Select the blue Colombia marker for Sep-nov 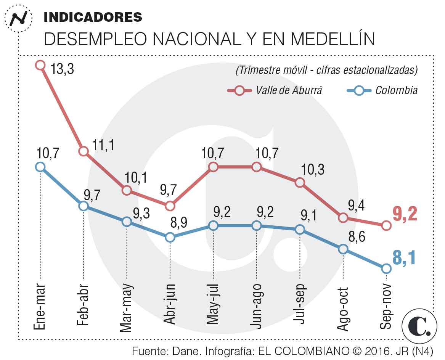(x=386, y=268)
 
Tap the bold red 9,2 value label (x=405, y=214)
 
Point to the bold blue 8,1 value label (x=404, y=258)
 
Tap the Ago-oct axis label (x=343, y=309)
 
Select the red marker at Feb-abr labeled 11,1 (x=84, y=151)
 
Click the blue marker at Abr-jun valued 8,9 (x=170, y=237)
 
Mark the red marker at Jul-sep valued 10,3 (x=300, y=182)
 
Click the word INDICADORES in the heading (x=93, y=17)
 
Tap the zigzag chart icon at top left (x=18, y=18)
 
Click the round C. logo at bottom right (x=419, y=326)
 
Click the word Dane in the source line (x=185, y=351)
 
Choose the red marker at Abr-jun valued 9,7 (x=170, y=206)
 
